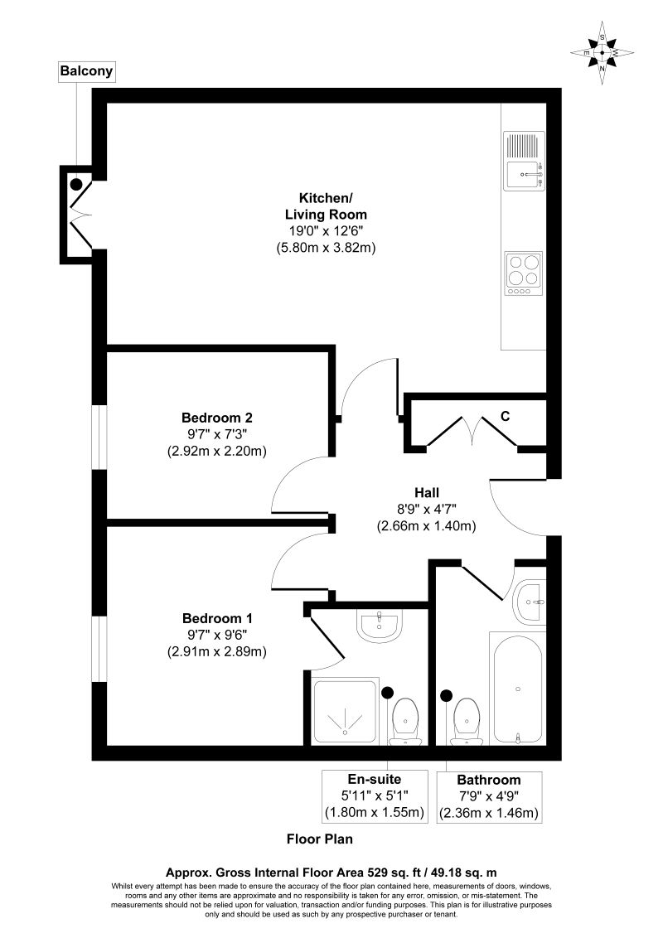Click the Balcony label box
pos(85,72)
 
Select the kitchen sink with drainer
pos(524,161)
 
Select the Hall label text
pos(427,491)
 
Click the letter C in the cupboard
pos(504,417)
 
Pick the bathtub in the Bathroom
pos(517,687)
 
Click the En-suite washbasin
pos(380,626)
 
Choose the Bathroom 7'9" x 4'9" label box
pos(489,797)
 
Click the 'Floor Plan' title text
pos(320,839)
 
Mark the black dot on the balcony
pos(76,184)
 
